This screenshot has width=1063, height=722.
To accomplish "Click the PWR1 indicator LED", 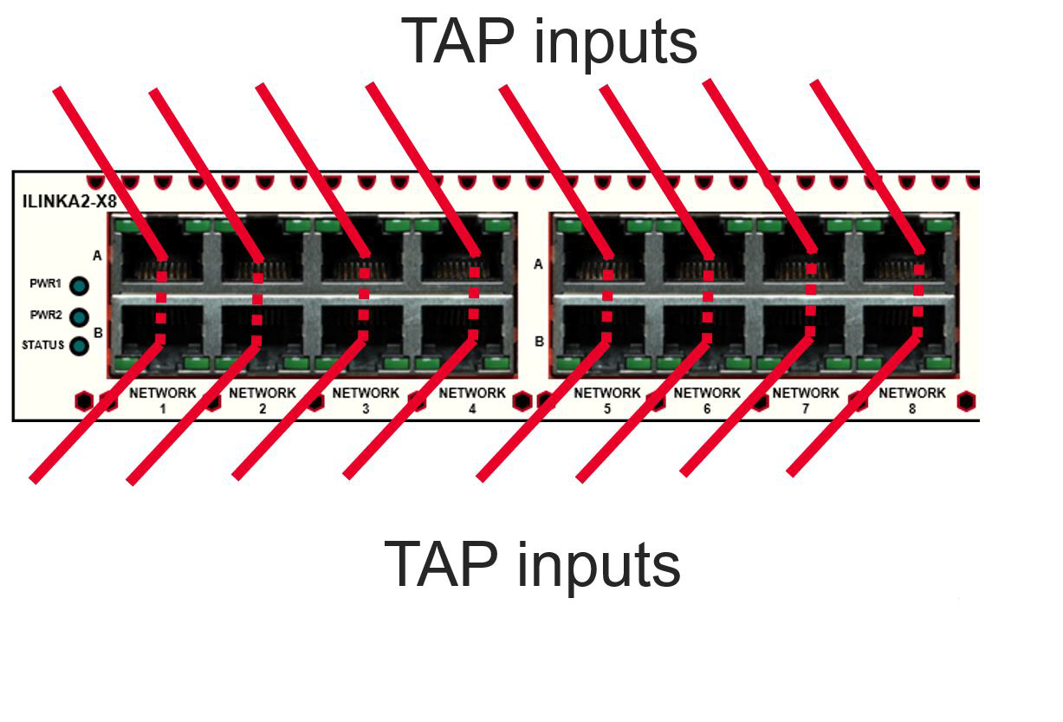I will coord(80,286).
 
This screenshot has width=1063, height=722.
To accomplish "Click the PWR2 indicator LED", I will coord(80,316).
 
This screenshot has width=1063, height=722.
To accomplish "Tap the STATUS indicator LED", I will coord(80,346).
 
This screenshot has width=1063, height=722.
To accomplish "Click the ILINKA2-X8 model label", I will coord(68,203).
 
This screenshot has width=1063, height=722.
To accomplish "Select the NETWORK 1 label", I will coord(162,399).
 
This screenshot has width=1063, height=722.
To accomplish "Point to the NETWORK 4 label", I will coord(472,399).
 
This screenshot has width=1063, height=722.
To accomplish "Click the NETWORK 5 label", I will coord(606,399).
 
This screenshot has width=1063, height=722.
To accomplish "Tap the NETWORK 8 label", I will coord(912,399).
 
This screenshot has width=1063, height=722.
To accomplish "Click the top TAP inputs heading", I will coord(548,41).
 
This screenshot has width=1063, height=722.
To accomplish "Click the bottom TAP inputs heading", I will coord(532,563).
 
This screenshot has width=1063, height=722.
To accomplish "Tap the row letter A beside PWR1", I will coord(97,256).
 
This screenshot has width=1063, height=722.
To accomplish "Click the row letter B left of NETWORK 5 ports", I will coord(539,341).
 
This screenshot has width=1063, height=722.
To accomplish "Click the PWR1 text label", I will coord(45,284).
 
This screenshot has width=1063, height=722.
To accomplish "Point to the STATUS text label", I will coord(42,345).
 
